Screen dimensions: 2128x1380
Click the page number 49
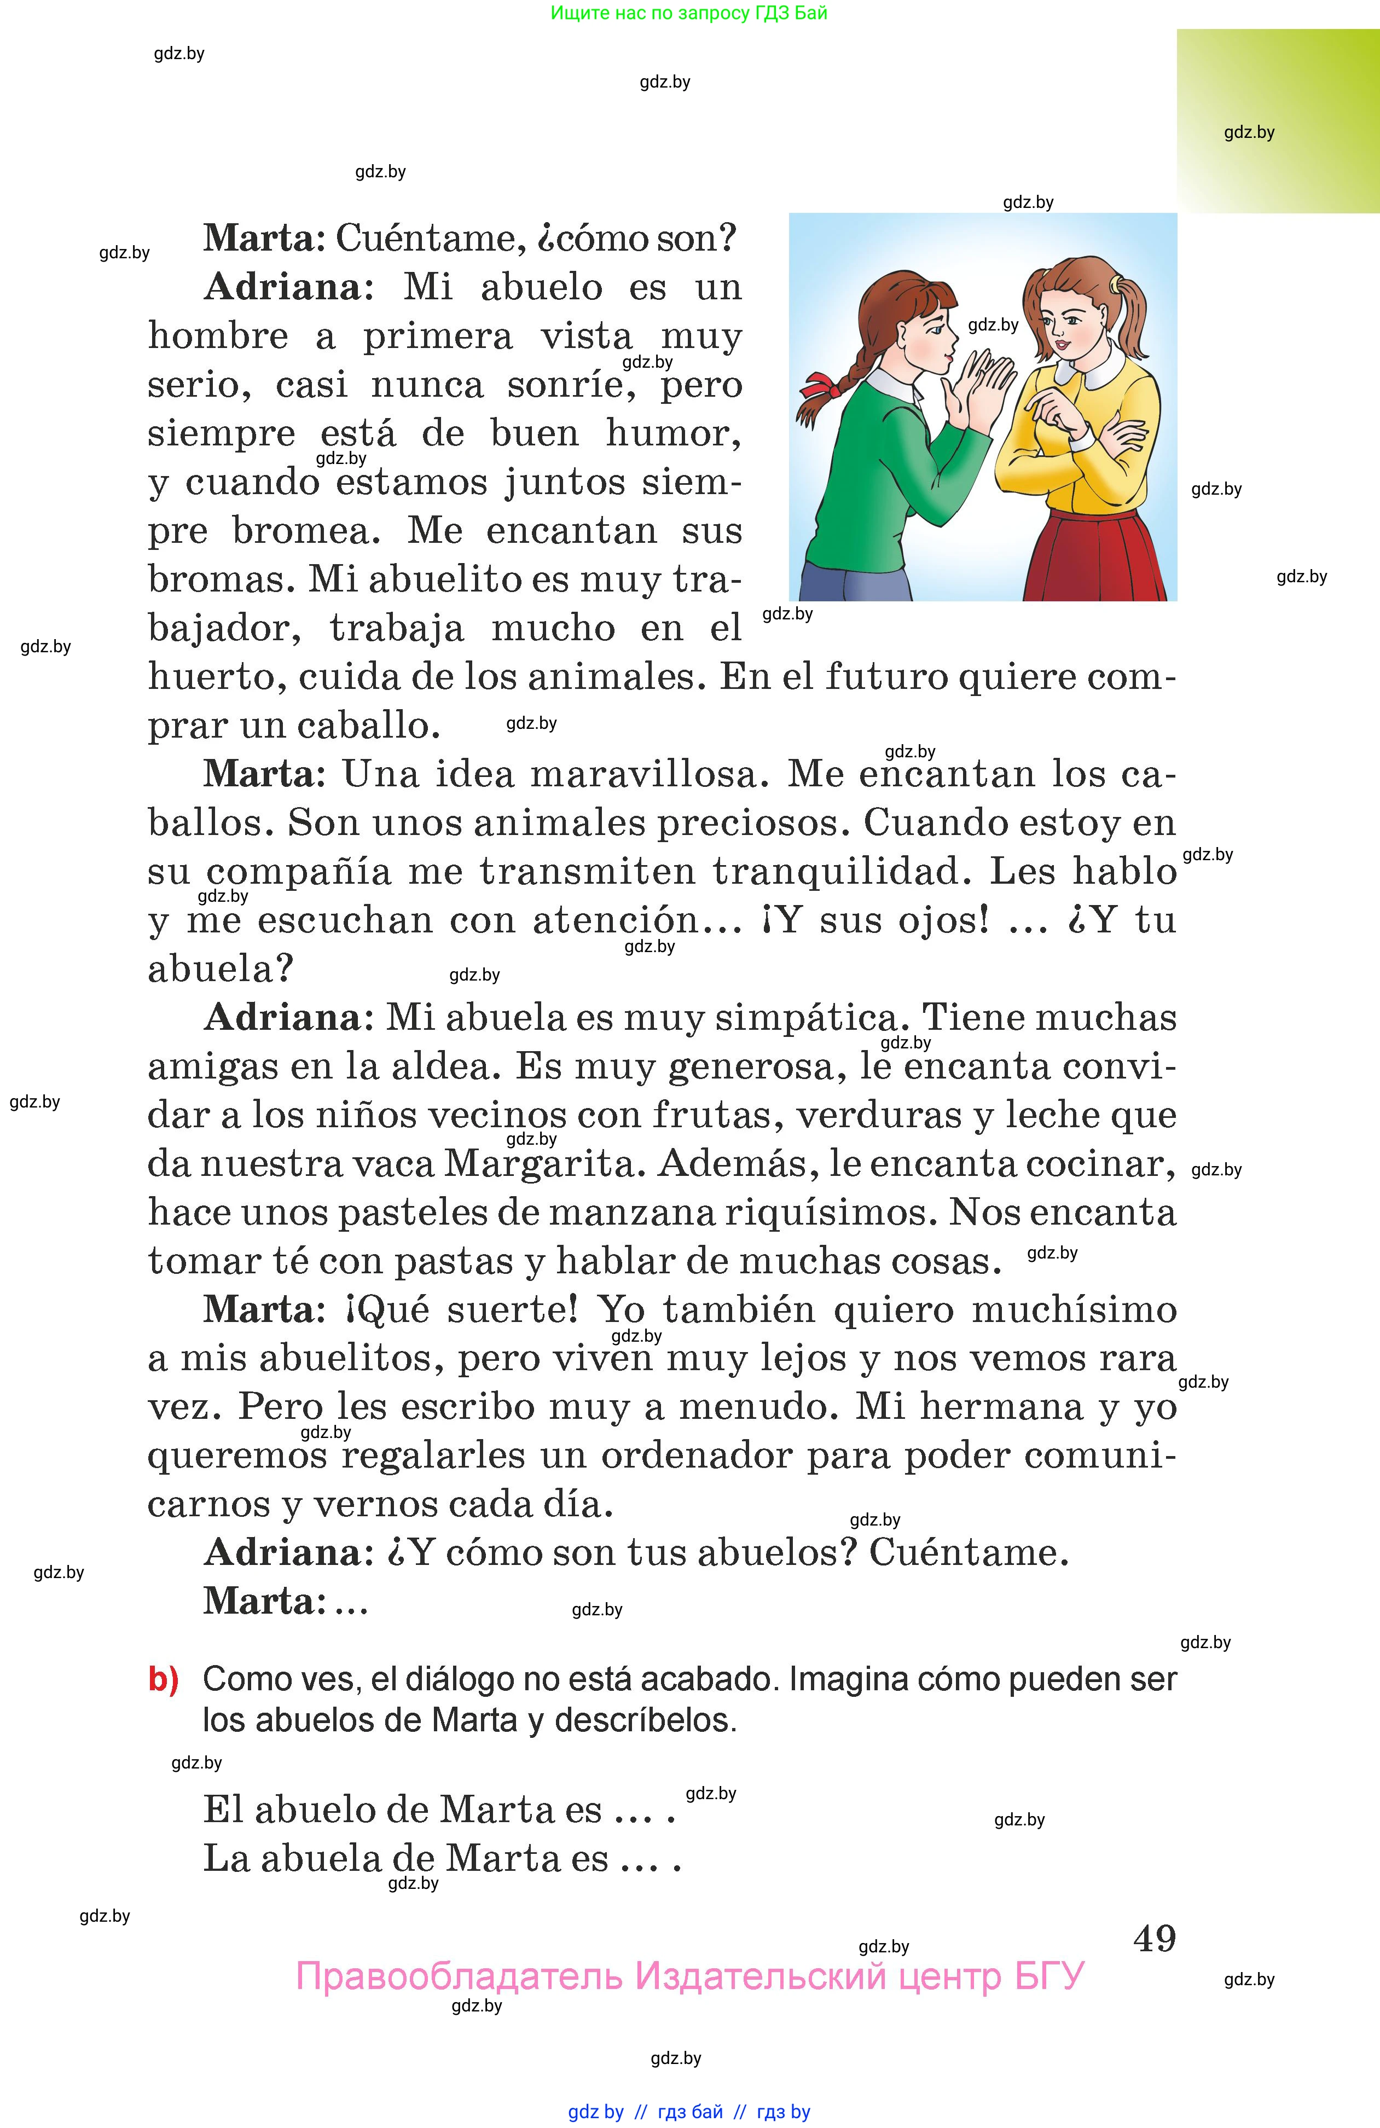pyautogui.click(x=1153, y=1939)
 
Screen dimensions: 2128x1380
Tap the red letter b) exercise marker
pyautogui.click(x=163, y=1680)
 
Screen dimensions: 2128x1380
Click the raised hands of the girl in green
pyautogui.click(x=984, y=385)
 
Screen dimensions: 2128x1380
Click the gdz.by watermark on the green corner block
pyautogui.click(x=1249, y=132)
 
